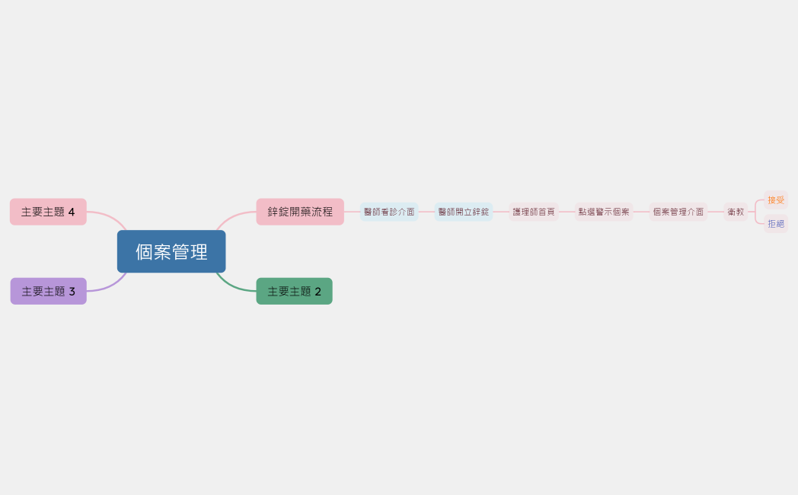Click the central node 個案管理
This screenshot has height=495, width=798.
click(x=171, y=251)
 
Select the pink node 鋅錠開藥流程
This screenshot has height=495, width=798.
click(x=300, y=212)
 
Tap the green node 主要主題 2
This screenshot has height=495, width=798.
click(x=294, y=291)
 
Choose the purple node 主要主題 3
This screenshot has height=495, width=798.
click(x=48, y=291)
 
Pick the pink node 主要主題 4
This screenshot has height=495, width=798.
click(x=48, y=212)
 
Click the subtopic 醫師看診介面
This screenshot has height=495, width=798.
click(x=389, y=212)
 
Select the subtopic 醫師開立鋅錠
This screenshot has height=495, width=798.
click(x=464, y=212)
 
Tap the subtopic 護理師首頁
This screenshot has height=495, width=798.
click(x=534, y=212)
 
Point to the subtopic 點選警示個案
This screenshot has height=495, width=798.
click(x=604, y=212)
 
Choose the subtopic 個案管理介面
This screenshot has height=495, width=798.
click(x=678, y=212)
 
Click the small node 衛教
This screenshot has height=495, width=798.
click(x=736, y=212)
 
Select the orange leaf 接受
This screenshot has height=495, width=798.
click(x=776, y=200)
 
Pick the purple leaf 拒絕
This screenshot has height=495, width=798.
click(x=776, y=224)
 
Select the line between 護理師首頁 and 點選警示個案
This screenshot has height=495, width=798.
click(x=567, y=212)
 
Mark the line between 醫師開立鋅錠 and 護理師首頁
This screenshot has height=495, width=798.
click(x=500, y=212)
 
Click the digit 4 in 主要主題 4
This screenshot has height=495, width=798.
click(x=72, y=212)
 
